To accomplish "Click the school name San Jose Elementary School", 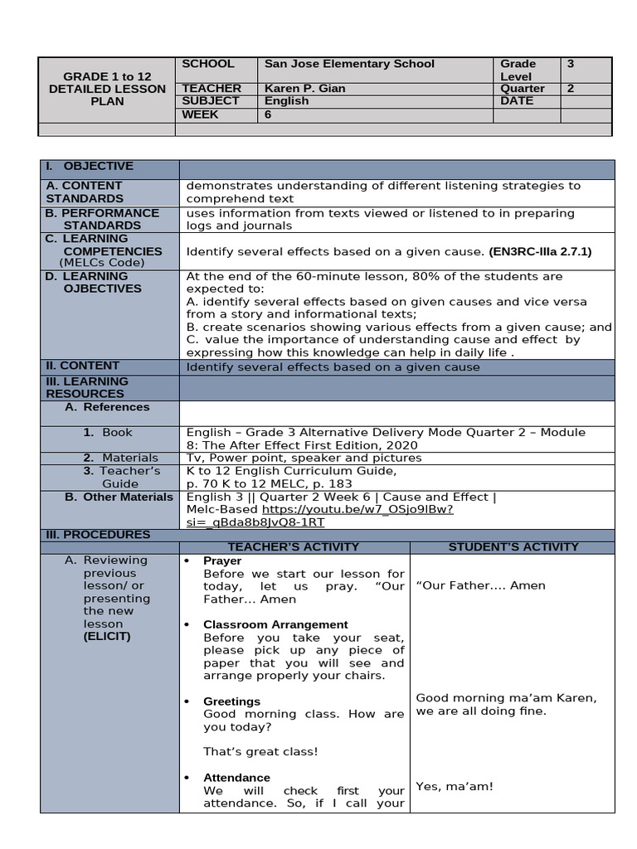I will (x=348, y=64).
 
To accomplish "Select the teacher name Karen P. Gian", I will (x=304, y=89).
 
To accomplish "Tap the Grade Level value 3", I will (x=571, y=64).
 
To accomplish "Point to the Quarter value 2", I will (x=571, y=89).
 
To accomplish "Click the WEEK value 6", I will (x=268, y=114).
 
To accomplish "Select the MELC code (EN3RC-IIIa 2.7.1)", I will (x=540, y=250).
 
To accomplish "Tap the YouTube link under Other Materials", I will (x=357, y=516).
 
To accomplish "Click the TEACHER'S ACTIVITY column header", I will (x=294, y=547).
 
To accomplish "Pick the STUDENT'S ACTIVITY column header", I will (x=513, y=547).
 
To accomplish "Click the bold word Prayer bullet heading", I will (x=222, y=561).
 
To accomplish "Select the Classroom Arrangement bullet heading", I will (x=275, y=624).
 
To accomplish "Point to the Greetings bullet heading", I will (x=231, y=701).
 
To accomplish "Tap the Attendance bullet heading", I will (x=236, y=778).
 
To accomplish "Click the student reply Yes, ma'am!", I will (x=454, y=786).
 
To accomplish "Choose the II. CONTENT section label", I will (x=83, y=366).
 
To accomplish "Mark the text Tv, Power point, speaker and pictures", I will (x=304, y=458).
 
